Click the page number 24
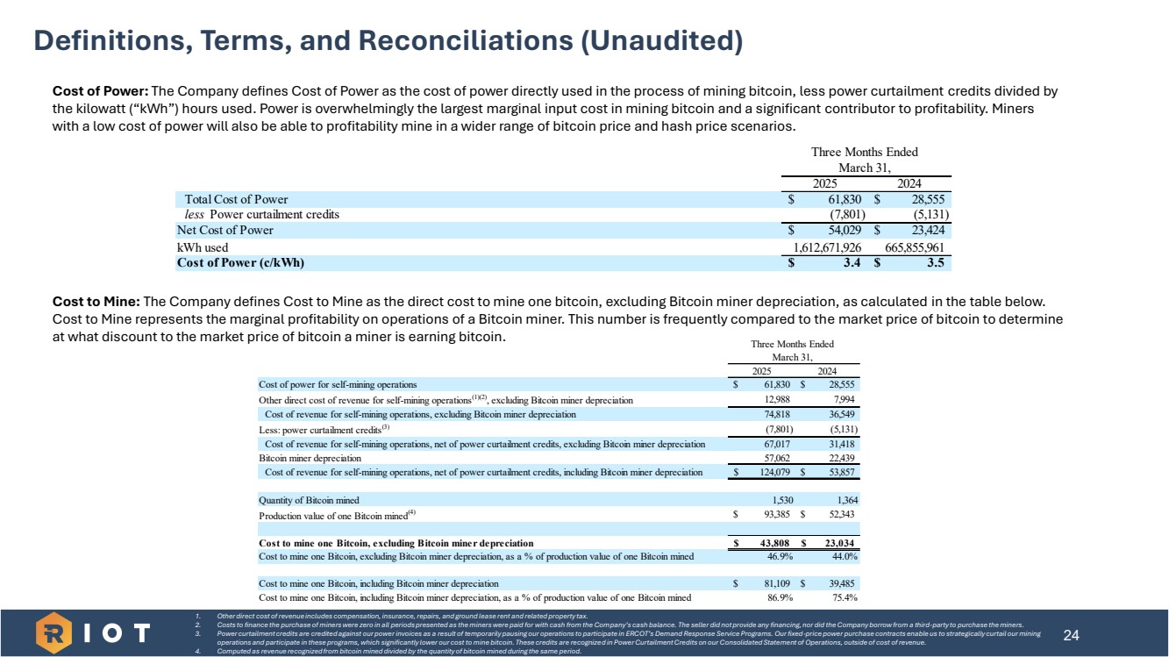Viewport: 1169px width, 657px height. click(1070, 633)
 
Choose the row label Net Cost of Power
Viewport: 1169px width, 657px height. click(225, 231)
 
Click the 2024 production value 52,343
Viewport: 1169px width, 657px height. click(840, 514)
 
